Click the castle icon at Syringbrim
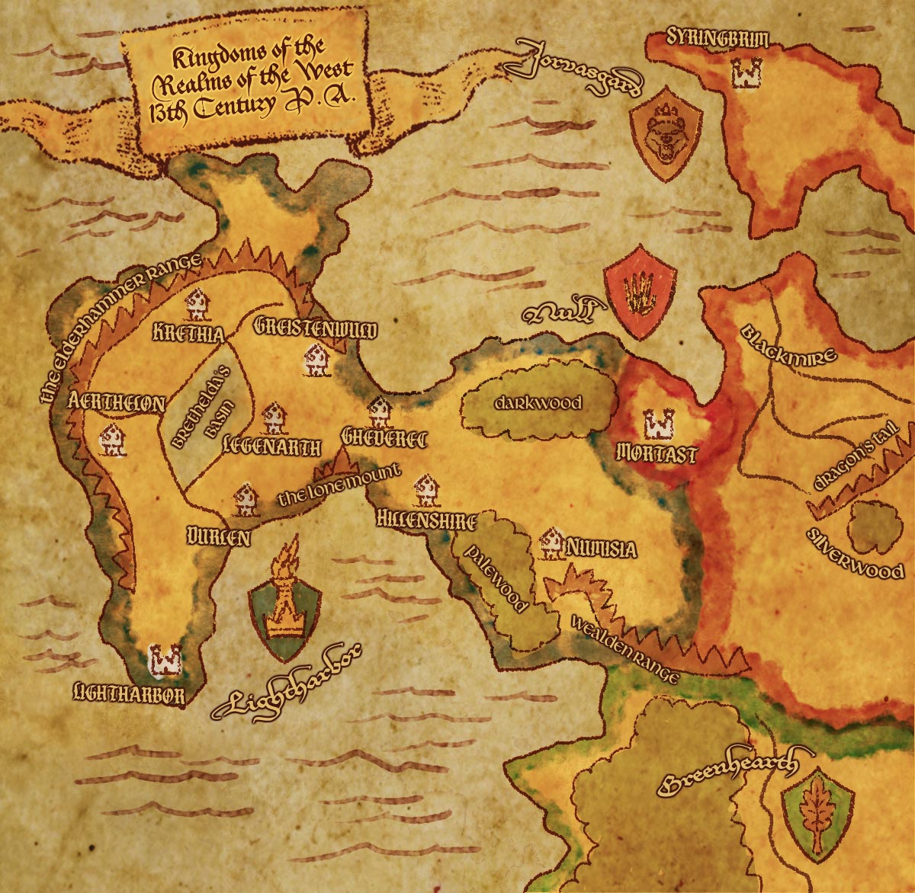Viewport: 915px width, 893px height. tap(741, 73)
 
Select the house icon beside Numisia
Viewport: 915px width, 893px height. tap(551, 543)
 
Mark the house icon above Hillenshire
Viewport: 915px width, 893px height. tap(425, 491)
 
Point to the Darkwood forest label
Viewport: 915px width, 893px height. tap(538, 403)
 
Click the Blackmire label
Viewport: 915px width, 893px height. tap(788, 343)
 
